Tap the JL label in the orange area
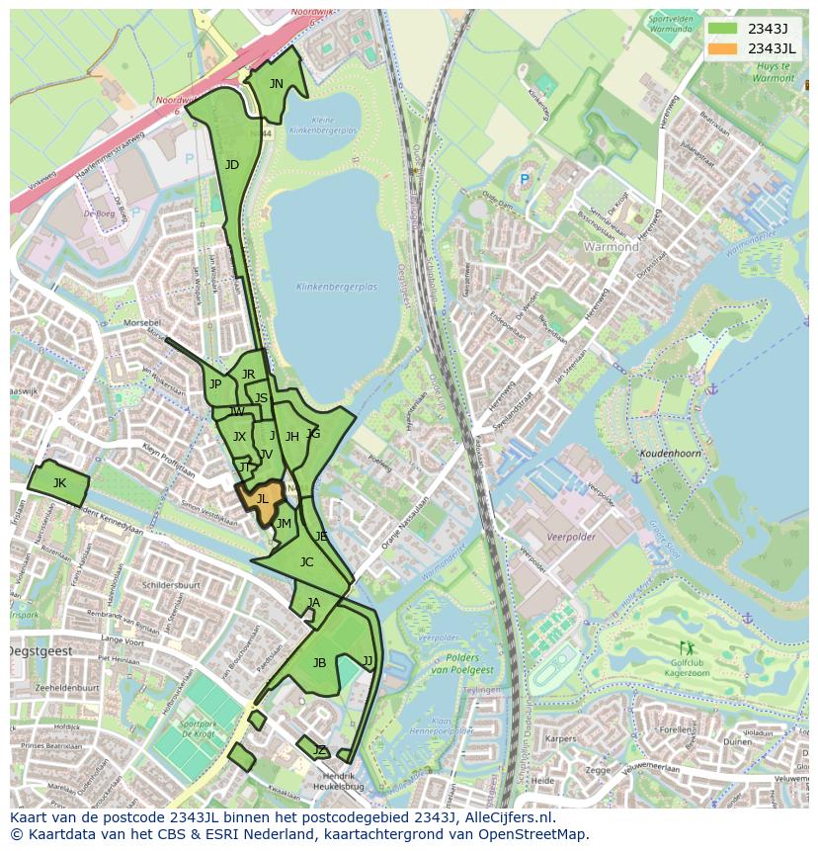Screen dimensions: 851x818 [x=262, y=499]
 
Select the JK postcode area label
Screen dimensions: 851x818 [x=59, y=482]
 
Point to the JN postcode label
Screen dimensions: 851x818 [x=277, y=84]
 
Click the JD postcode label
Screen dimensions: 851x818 [x=232, y=165]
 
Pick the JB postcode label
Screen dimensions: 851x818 [x=319, y=662]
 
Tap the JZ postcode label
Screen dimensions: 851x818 [x=319, y=751]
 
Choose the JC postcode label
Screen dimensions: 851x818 [x=306, y=562]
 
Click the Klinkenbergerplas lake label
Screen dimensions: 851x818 [x=336, y=287]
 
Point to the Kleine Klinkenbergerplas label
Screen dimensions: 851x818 [x=323, y=125]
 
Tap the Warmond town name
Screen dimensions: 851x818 [x=611, y=246]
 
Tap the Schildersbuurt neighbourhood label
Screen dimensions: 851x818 [x=171, y=585]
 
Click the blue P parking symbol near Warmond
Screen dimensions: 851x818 [x=524, y=180]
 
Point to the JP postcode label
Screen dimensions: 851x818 [x=214, y=384]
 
